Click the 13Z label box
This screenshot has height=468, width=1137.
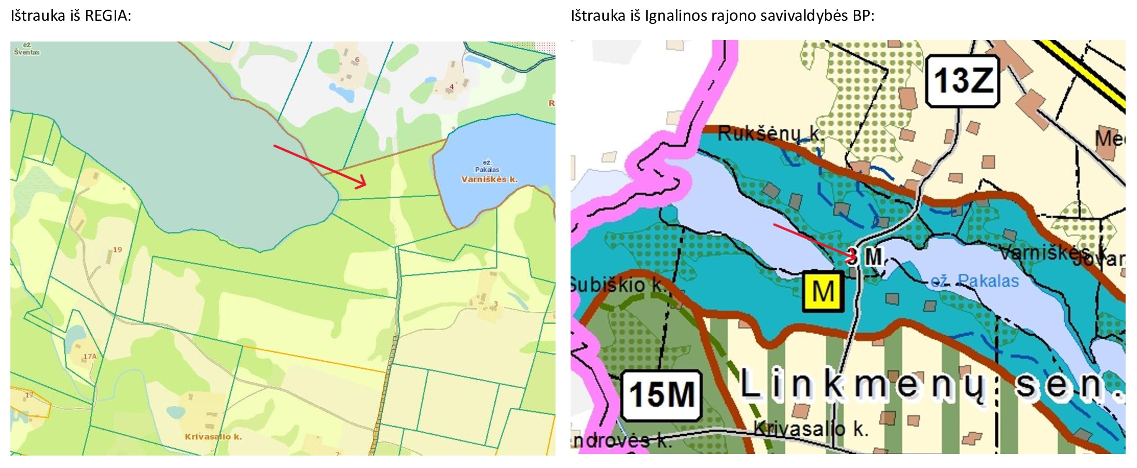tap(963, 81)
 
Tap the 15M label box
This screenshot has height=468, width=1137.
tap(661, 395)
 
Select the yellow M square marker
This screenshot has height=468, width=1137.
tap(823, 292)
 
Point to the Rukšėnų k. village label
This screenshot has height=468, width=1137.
tap(769, 134)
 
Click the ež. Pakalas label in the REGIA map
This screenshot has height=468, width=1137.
tap(487, 166)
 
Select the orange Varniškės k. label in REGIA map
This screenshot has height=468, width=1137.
tap(489, 180)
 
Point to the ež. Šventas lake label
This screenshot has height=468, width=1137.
tap(26, 49)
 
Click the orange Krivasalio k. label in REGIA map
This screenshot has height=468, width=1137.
tap(213, 437)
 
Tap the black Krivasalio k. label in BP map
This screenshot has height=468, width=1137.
tap(810, 429)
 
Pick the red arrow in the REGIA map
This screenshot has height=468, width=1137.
tap(320, 166)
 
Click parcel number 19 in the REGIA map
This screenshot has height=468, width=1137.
tap(118, 250)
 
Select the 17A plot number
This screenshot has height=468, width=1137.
tap(90, 356)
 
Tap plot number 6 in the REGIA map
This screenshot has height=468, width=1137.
tap(357, 60)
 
